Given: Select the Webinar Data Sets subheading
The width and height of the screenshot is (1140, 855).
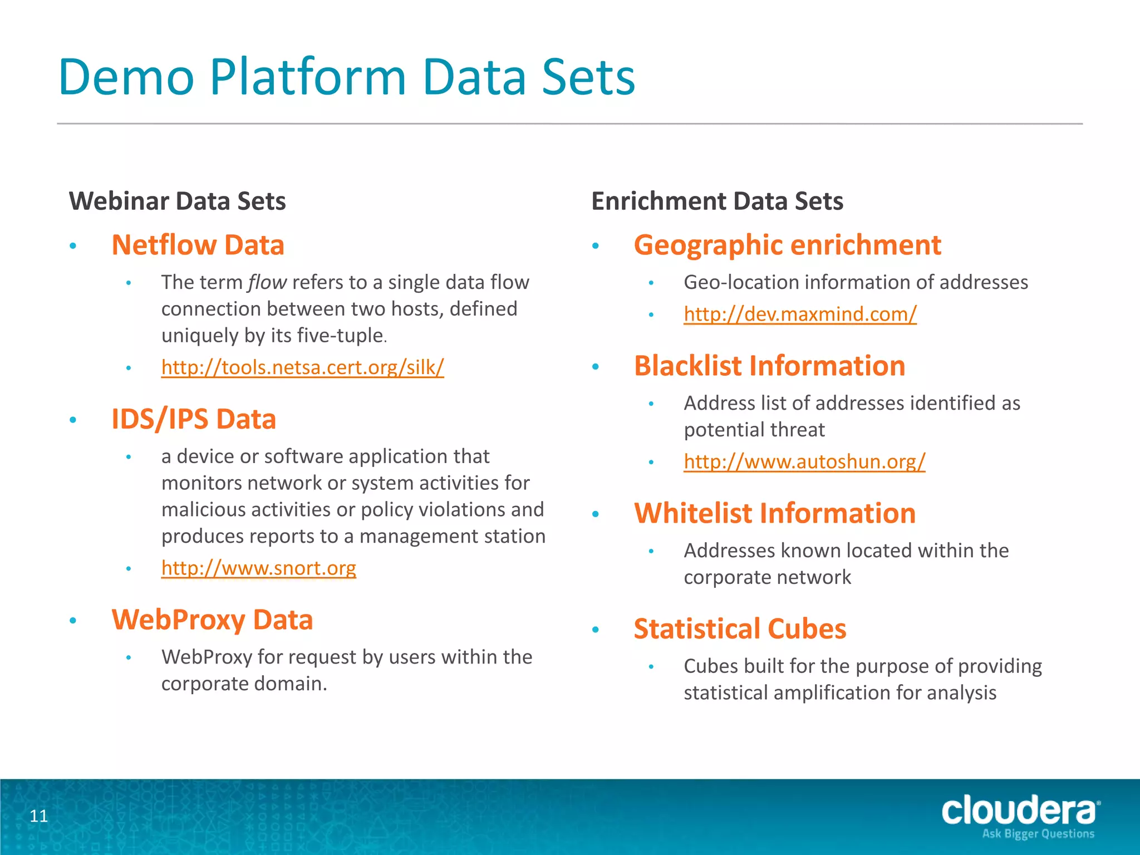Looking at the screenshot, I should pos(177,201).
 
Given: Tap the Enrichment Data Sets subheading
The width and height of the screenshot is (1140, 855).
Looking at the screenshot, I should pos(717,201).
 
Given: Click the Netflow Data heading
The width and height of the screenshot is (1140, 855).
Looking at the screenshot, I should pos(198,245).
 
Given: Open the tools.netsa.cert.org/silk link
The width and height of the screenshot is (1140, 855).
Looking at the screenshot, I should pos(302,367).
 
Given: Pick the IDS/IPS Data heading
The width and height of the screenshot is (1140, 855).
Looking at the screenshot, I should pos(193,419).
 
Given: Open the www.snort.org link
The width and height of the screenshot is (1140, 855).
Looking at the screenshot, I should pos(258,568).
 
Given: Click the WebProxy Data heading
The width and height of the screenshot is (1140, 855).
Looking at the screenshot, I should pos(212,620).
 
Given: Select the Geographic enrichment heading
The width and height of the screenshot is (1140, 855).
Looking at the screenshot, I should pos(787,245).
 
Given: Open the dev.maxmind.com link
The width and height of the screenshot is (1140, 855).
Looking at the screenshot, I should pos(800,314).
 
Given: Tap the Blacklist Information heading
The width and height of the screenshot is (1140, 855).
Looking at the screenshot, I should pos(769,366).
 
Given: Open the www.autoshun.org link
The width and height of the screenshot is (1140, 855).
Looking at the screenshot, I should pos(804,461).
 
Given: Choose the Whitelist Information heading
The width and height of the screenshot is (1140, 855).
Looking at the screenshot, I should pos(774,513).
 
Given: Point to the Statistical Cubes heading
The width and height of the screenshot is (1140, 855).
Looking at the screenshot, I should pos(740,629).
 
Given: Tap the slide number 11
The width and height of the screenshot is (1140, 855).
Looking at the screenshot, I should pos(38,816).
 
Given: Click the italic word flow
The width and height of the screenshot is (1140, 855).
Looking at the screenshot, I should pos(267,282).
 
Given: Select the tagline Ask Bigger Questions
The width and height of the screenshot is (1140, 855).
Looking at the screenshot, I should pos(1038,834).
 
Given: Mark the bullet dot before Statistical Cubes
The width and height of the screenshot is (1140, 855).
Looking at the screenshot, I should pos(596,630).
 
